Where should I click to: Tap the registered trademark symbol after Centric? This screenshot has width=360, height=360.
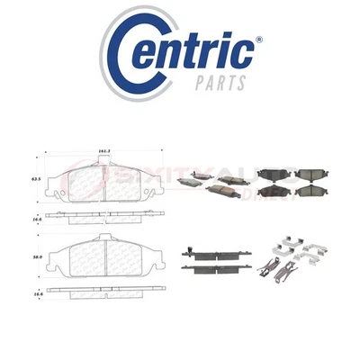click(259, 40)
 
